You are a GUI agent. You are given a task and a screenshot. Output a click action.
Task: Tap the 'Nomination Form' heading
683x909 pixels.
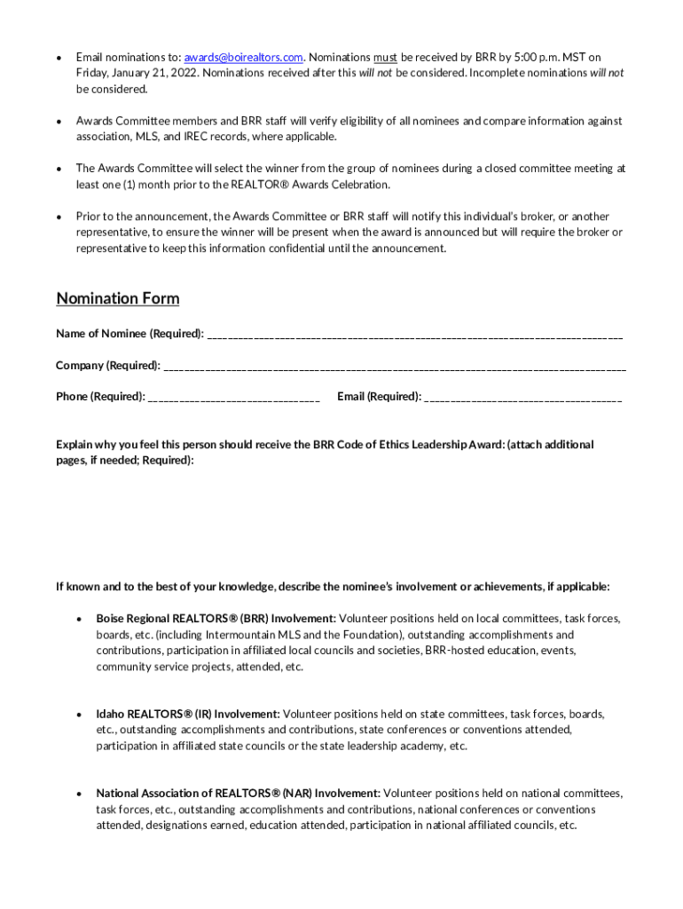point(118,298)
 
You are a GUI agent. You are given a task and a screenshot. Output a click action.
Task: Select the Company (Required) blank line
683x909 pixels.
point(395,367)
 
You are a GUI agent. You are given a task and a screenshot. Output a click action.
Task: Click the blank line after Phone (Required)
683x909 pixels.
point(234,398)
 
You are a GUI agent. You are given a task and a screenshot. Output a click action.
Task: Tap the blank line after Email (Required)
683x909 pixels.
point(523,398)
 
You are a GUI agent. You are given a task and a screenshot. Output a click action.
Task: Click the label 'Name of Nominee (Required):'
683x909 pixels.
point(130,334)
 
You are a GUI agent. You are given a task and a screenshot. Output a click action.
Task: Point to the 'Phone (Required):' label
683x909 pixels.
point(100,397)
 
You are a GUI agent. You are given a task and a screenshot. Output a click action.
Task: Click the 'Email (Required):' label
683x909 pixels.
point(379,397)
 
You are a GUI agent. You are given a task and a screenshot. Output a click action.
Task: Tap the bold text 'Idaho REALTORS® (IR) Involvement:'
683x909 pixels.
point(188,714)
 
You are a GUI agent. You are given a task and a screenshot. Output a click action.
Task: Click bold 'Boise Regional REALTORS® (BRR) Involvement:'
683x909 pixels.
point(216,618)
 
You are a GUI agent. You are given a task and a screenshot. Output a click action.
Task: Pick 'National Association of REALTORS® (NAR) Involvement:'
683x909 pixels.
point(239,793)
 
